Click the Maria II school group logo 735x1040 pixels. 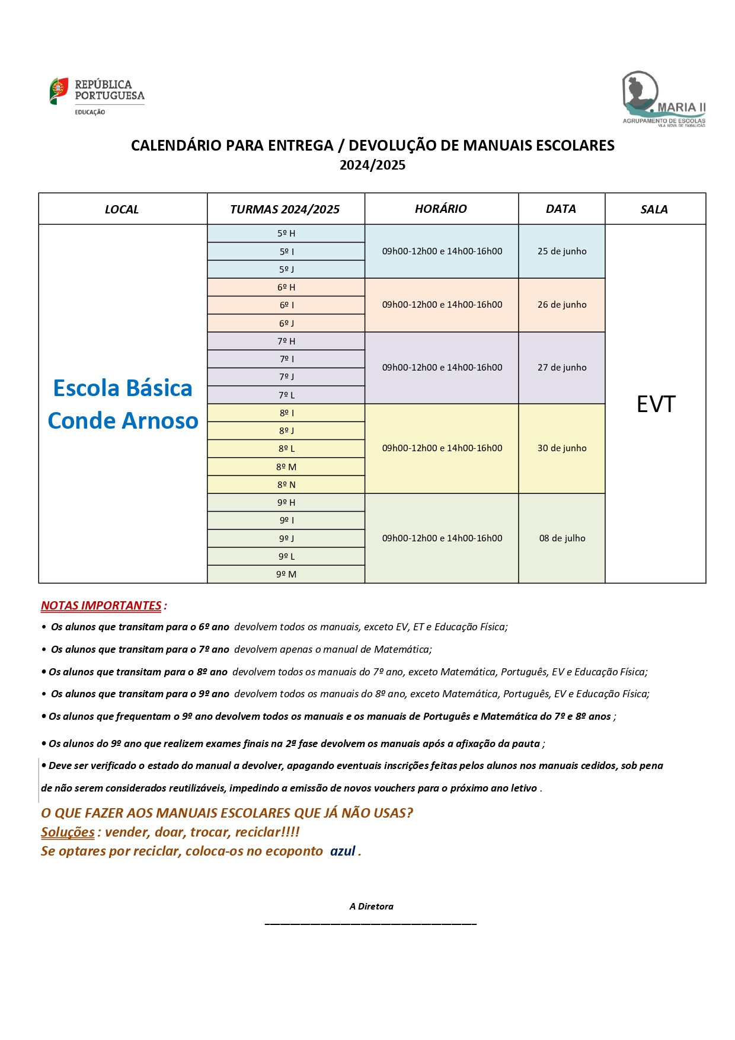pos(663,99)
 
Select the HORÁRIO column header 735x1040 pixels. pos(440,209)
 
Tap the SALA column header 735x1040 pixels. pos(654,209)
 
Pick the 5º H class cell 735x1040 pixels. pos(286,234)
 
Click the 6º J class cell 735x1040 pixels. pos(286,323)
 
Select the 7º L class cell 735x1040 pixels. pos(286,395)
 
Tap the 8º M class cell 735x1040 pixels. pos(286,467)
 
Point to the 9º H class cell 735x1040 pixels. pos(286,503)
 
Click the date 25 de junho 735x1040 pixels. pos(561,251)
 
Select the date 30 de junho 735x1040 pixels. pos(561,448)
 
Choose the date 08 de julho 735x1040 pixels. pos(561,538)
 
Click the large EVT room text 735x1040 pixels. pos(656,404)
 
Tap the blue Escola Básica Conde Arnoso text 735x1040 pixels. pos(123,404)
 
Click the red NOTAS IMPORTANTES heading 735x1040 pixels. pos(101,605)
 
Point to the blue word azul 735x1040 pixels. pos(343,851)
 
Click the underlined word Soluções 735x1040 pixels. pos(68,832)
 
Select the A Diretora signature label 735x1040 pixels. pos(371,906)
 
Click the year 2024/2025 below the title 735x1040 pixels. pos(372,165)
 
